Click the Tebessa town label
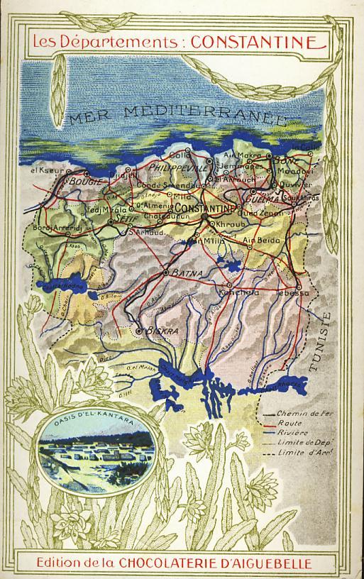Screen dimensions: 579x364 coord(296,292)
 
